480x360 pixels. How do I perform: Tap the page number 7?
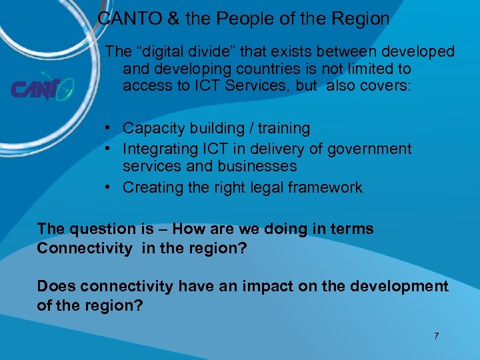436,336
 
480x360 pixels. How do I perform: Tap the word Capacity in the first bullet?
150,128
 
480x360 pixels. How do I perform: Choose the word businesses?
257,166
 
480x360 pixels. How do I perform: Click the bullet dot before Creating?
107,187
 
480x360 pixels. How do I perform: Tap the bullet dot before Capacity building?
107,128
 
